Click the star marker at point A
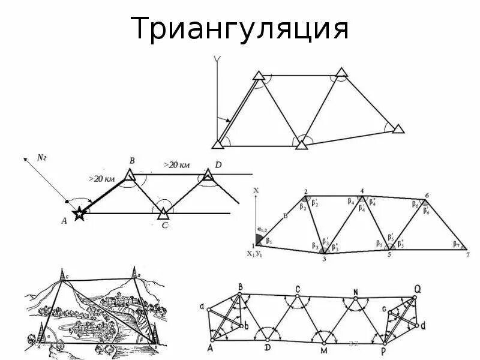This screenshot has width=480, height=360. (79, 214)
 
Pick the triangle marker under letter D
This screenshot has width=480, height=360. (208, 175)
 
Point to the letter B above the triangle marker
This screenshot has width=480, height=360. (131, 161)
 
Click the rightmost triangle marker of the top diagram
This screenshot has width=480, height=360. (397, 128)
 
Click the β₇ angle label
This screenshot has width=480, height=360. (455, 245)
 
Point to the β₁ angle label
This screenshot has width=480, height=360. (269, 241)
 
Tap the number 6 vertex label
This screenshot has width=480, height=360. (427, 196)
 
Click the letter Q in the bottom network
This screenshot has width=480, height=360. (416, 289)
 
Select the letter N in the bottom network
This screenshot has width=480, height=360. (355, 293)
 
